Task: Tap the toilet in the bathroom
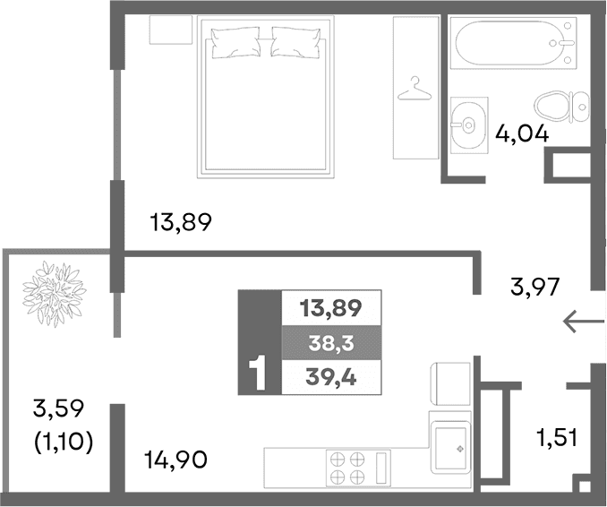561,107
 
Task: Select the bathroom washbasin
466,123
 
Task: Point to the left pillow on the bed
235,40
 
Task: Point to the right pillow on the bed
295,40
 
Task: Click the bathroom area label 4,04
521,133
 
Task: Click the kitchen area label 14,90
175,460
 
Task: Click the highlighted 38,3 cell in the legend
330,342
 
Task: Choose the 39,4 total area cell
330,376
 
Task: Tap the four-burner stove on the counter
348,468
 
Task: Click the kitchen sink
450,447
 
